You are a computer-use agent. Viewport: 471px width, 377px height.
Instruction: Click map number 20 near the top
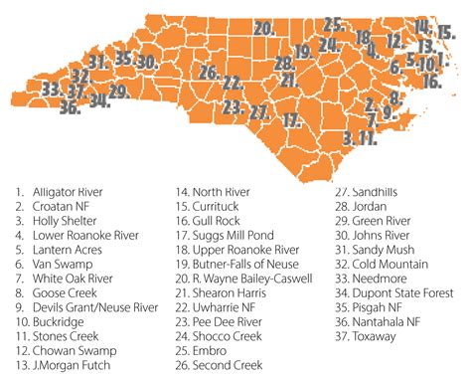click(263, 29)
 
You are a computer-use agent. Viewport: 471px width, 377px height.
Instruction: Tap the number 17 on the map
click(291, 119)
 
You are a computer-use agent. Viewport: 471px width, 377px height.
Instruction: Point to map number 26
click(208, 73)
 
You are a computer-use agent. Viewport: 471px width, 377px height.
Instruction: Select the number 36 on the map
click(69, 108)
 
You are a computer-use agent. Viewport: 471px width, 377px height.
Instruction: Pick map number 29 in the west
click(118, 93)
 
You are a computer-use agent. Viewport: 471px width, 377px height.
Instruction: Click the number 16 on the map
click(431, 82)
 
